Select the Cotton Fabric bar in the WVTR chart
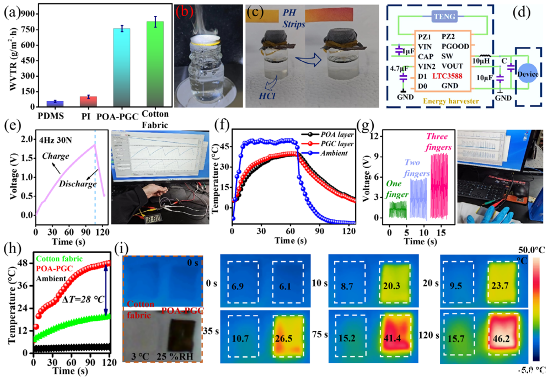(x=155, y=64)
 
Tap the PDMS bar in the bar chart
(x=55, y=104)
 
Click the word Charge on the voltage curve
(x=55, y=156)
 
